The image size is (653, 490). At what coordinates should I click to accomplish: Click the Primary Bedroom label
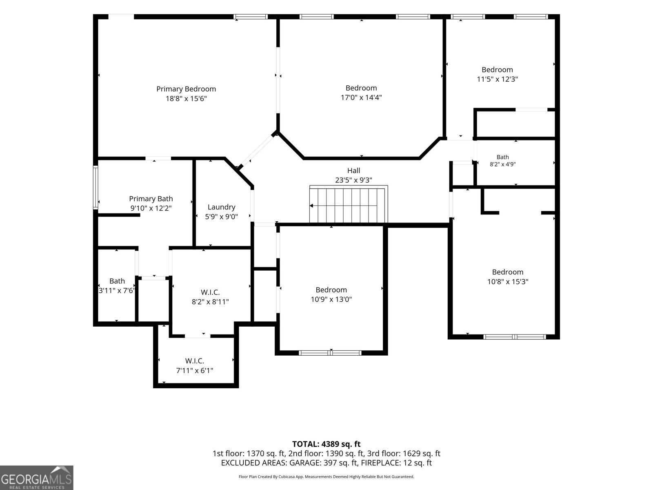[x=186, y=89]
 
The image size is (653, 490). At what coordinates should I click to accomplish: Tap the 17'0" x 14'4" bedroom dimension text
[x=361, y=97]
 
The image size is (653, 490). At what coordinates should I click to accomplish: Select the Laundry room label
[x=221, y=207]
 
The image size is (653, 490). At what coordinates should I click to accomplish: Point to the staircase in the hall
[x=349, y=204]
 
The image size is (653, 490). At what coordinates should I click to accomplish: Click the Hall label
[x=354, y=170]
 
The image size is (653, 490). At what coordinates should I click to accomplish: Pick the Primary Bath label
[x=151, y=199]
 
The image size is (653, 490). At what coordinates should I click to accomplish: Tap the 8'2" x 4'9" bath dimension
[x=503, y=164]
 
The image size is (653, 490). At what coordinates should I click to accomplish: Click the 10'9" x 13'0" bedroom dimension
[x=331, y=299]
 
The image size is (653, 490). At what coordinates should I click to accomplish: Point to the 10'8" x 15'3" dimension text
[x=508, y=281]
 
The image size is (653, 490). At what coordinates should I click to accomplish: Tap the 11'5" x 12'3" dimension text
[x=497, y=79]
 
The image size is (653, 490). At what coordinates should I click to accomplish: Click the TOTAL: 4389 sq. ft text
[x=326, y=444]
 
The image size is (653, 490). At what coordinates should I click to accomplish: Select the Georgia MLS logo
[x=36, y=477]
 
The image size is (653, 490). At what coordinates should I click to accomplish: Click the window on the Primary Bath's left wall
[x=96, y=187]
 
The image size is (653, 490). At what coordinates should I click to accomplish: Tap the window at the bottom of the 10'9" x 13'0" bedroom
[x=330, y=353]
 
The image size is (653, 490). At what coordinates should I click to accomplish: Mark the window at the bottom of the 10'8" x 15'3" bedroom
[x=515, y=337]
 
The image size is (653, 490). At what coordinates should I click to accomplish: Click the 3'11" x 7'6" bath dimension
[x=117, y=290]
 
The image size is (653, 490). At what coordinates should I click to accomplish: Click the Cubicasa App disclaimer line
[x=326, y=477]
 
